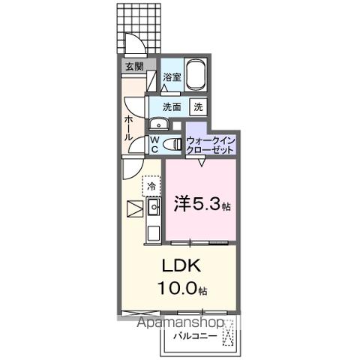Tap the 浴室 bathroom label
pyautogui.click(x=172, y=76)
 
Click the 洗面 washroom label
pyautogui.click(x=172, y=106)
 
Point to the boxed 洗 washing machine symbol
pyautogui.click(x=198, y=106)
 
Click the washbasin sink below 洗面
pyautogui.click(x=159, y=124)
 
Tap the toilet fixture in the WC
pyautogui.click(x=173, y=142)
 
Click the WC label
pyautogui.click(x=154, y=143)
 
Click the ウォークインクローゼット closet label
pyautogui.click(x=211, y=144)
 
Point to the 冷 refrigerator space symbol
pyautogui.click(x=151, y=185)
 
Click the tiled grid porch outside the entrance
pyautogui.click(x=139, y=22)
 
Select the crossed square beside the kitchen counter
pyautogui.click(x=133, y=208)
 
